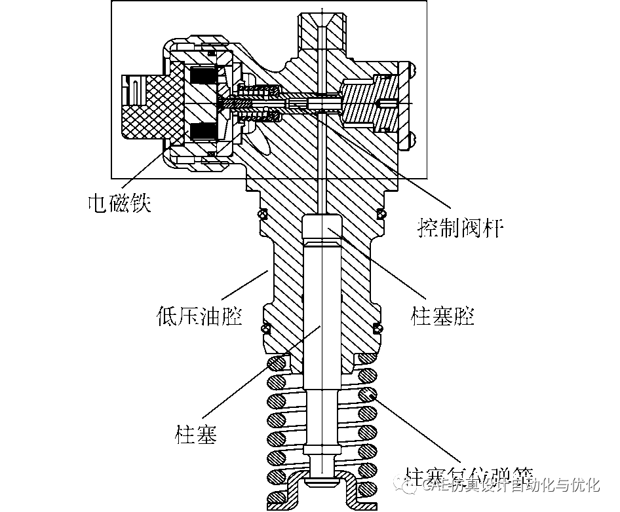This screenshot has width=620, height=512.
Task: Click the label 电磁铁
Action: (120, 204)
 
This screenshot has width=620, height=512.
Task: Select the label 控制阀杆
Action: (460, 228)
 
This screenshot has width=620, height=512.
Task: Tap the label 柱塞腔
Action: (442, 316)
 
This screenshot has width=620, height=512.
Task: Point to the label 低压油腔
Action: (200, 316)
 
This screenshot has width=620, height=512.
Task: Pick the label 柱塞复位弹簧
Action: (469, 473)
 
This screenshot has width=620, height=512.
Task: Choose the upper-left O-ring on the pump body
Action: (262, 214)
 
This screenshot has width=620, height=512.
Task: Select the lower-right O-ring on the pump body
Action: (378, 327)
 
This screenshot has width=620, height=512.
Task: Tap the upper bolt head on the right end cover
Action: (412, 68)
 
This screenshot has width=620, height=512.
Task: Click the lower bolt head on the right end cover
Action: (412, 138)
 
